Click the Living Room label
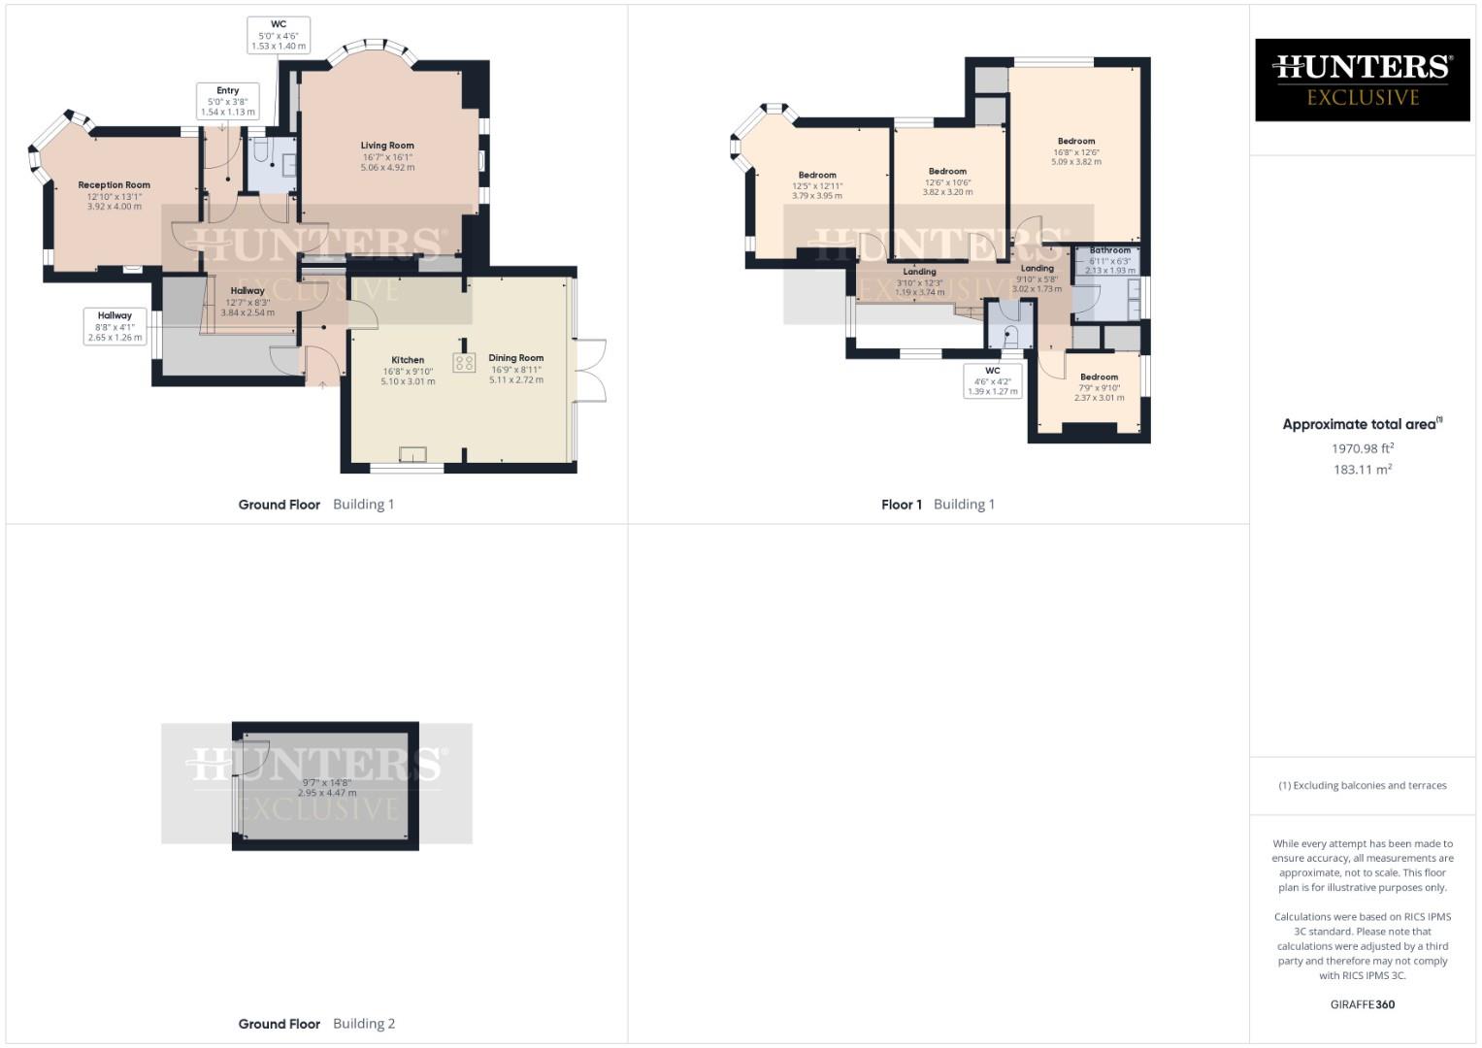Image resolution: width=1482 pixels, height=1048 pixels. [387, 146]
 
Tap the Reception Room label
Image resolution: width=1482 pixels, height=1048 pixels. [115, 184]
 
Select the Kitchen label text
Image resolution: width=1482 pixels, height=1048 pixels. [408, 360]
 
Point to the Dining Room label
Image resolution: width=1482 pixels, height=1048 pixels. [515, 358]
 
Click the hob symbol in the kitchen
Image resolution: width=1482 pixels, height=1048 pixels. [464, 363]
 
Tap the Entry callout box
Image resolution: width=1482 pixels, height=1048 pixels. [227, 101]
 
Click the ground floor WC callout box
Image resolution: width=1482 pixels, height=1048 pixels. [279, 35]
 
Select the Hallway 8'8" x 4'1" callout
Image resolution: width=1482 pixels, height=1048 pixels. [115, 326]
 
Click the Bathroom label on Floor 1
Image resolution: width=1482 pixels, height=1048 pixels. [1109, 250]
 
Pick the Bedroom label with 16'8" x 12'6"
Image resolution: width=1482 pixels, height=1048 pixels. [1076, 142]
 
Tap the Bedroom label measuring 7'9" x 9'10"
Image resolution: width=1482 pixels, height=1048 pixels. [1099, 377]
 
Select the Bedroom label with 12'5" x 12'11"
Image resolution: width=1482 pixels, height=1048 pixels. [817, 176]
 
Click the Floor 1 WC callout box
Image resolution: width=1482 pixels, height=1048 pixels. [992, 380]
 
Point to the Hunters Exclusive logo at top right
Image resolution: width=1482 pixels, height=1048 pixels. [1362, 80]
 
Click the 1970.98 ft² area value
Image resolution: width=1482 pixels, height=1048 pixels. [1363, 448]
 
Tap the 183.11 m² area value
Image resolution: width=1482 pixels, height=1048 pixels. [1363, 470]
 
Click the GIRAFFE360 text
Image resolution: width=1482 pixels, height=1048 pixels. [1362, 1004]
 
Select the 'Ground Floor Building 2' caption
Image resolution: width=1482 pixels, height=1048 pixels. [316, 1024]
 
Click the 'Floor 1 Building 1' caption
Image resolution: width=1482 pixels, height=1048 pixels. [938, 505]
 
